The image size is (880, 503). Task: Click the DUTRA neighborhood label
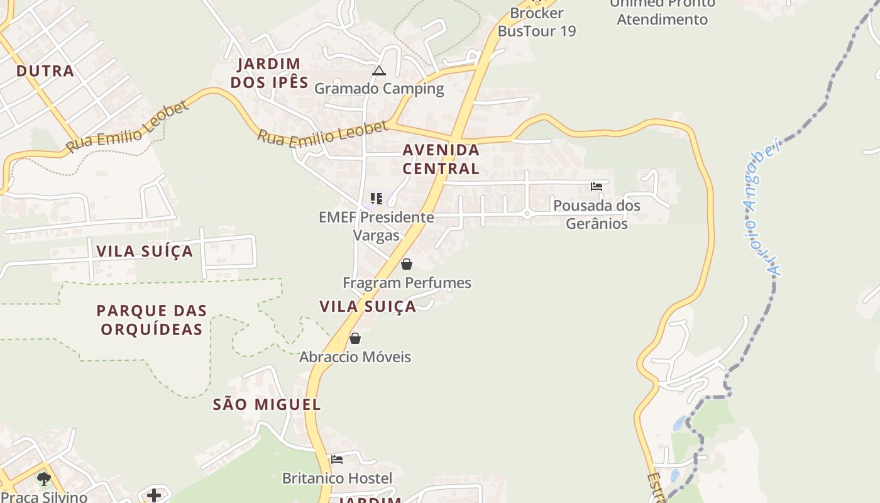(45, 71)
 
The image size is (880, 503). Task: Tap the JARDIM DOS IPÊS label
(269, 73)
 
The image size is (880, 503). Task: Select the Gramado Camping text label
(379, 89)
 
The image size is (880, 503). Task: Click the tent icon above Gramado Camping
(378, 70)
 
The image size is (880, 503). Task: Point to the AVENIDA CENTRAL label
(441, 159)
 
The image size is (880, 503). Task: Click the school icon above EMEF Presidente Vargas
(377, 199)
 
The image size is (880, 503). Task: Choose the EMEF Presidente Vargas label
(376, 226)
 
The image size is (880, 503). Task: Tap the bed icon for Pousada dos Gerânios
(597, 187)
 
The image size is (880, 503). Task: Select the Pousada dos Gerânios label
(597, 214)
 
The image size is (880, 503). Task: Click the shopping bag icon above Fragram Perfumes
(407, 264)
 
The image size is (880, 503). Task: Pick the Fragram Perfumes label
(407, 283)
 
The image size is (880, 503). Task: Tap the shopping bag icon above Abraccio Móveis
(355, 338)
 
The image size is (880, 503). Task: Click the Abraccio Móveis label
(355, 357)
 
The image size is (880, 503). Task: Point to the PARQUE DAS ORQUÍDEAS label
(151, 319)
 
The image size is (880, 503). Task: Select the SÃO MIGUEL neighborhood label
(267, 404)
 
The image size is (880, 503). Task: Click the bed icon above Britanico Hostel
(337, 460)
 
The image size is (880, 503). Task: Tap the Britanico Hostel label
(337, 478)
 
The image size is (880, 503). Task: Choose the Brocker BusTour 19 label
(537, 22)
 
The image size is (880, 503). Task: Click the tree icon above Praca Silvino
(43, 480)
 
